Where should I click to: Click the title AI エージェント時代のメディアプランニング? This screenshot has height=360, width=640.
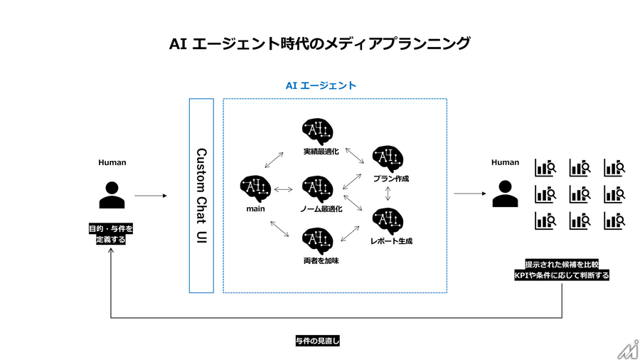[x=319, y=44]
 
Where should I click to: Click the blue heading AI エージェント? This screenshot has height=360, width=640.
[x=321, y=85]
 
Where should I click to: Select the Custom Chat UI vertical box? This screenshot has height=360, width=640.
[x=201, y=196]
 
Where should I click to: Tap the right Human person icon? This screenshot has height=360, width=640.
[x=505, y=195]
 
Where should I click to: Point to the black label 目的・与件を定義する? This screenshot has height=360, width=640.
[x=111, y=234]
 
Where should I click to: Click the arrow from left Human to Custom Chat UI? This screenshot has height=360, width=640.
[x=151, y=196]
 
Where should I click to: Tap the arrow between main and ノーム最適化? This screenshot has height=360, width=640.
[x=284, y=189]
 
